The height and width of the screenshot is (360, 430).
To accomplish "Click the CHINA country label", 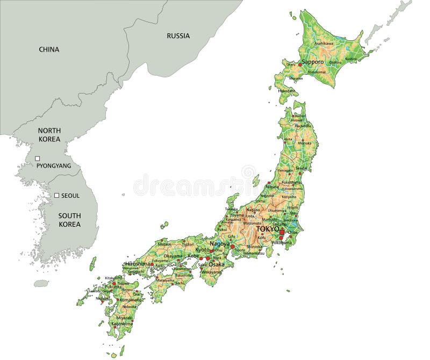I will coord(49,49).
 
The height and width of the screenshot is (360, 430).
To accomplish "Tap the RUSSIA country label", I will coord(178,36).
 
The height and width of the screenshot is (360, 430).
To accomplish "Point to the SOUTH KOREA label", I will coord(69,220).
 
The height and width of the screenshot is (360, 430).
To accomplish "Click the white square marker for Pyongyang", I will coord(37,159).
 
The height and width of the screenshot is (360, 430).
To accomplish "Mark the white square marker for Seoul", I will coord(56,196).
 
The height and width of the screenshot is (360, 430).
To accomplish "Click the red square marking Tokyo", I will coord(282,232).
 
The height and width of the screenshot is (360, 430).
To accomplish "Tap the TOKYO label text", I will coord(267,229).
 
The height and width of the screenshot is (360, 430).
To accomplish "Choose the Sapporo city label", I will coord(312,62).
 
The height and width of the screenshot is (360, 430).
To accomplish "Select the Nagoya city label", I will coord(220,244).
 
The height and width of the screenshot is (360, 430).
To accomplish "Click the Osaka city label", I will coord(216,264).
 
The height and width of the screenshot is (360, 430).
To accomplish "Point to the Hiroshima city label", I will coord(137,264).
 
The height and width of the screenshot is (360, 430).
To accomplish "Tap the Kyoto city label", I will coord(202,250).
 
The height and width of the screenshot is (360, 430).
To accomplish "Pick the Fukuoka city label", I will coord(113,287).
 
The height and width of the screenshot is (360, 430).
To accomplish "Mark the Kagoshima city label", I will coord(122,324).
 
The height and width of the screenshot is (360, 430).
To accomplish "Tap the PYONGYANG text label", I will coord(54,166).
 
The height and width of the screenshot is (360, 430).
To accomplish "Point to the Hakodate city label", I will coord(286,91).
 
